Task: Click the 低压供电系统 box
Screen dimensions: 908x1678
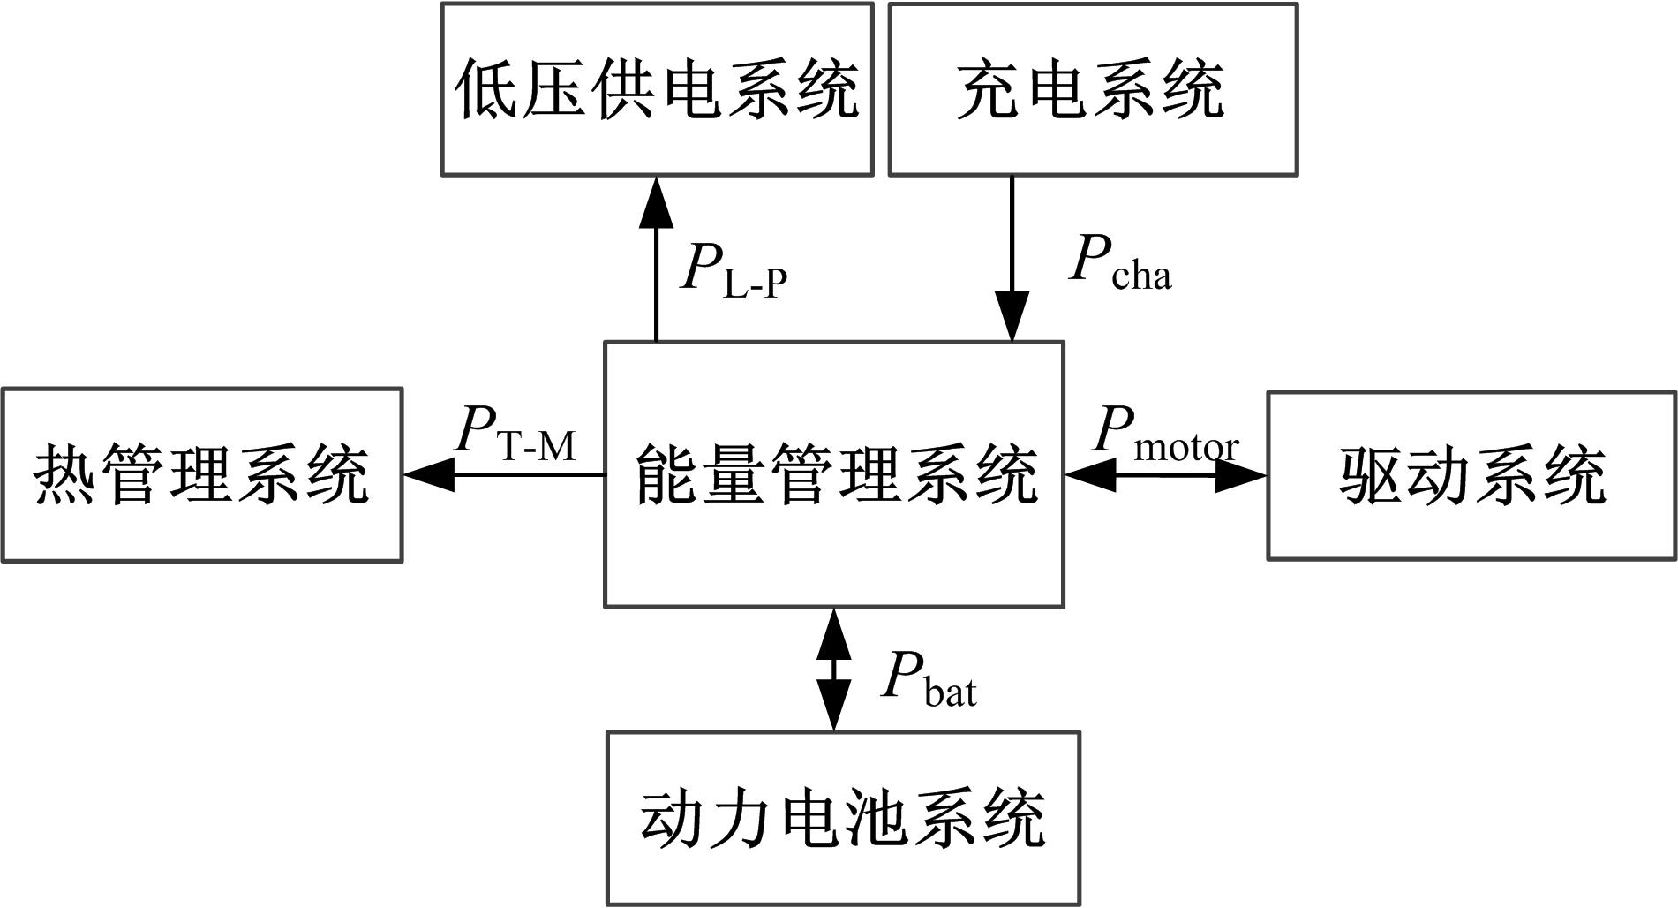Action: [x=657, y=89]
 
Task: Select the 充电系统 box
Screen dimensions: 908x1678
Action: [x=1092, y=89]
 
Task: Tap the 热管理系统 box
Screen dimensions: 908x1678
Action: [x=202, y=474]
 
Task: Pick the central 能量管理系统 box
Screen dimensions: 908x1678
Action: [x=833, y=474]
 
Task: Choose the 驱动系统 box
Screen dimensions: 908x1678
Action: [x=1471, y=476]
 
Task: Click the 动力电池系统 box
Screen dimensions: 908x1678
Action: [x=843, y=818]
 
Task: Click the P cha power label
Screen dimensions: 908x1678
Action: [x=1119, y=263]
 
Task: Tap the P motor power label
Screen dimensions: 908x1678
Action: [x=1164, y=434]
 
